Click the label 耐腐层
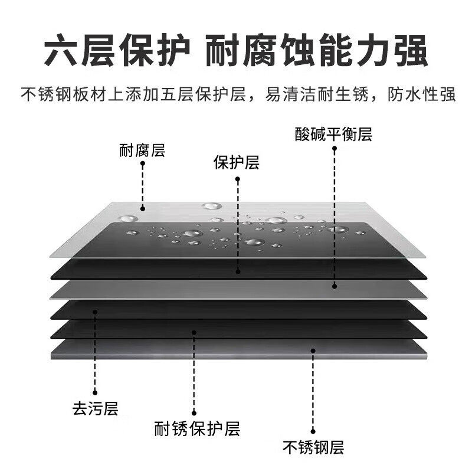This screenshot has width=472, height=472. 142,151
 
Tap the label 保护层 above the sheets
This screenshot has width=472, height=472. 236,163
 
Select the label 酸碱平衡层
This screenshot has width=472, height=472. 334,135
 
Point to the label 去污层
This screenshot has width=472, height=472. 94,407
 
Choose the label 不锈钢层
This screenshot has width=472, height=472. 313,447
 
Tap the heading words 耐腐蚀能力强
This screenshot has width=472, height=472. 316,53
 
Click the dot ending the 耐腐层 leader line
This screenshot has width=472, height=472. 142,207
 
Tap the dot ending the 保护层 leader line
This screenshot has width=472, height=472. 238,272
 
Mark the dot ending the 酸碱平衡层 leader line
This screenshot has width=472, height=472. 334,286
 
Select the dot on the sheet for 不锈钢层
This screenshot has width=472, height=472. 313,350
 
